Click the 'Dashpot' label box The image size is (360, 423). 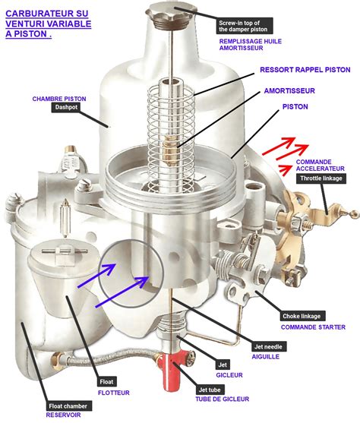point(66,107)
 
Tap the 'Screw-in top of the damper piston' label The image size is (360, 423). point(245,26)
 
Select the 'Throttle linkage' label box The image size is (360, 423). point(321,178)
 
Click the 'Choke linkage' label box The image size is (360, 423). point(302,316)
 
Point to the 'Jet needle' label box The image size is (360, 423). point(269,346)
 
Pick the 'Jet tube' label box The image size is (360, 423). point(210,390)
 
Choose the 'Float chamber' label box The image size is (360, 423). point(68,406)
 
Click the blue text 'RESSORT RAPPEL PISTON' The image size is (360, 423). point(305,70)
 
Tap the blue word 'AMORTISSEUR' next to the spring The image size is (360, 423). point(289,91)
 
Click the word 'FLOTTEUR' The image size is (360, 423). point(114,393)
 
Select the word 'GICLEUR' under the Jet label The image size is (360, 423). point(229,375)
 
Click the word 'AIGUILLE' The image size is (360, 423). point(266,357)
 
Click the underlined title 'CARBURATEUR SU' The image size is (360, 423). point(46,14)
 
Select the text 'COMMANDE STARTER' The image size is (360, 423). point(313,327)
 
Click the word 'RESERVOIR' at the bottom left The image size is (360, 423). point(64,415)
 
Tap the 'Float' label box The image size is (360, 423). point(107,382)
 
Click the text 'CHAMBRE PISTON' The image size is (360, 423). point(59,99)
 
